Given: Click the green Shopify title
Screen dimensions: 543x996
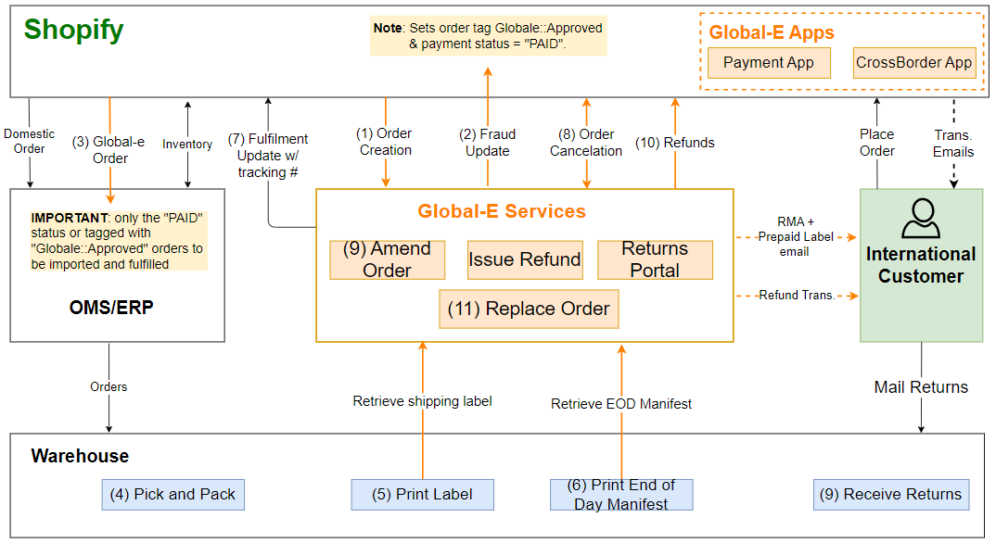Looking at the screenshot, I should pos(74,30).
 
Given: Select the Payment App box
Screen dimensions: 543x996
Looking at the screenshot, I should pos(768,63).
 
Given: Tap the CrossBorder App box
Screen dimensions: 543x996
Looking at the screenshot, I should pos(913,63).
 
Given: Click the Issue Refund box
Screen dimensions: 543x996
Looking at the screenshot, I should pos(525,260).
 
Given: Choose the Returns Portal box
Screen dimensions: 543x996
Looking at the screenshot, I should pos(655,260).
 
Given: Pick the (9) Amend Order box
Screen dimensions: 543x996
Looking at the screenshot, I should pos(387,260).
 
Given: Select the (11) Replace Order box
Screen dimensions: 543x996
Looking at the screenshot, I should pos(529,309).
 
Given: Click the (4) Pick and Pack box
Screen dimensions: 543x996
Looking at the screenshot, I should pos(172,494).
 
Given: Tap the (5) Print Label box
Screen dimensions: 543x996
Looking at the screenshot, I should pos(422,494).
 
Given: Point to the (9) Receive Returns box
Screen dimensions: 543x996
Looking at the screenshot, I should pos(890,494).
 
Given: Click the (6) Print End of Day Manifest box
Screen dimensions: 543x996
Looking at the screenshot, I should pos(621,494).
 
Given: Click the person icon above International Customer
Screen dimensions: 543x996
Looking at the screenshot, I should pos(920,219).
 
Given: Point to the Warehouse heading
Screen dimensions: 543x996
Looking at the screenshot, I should pos(80,456).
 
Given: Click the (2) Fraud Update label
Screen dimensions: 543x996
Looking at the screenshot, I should pos(488,142).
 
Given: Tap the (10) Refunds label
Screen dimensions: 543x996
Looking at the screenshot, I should pos(674,142).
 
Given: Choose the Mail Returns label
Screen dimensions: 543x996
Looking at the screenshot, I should pos(921,387).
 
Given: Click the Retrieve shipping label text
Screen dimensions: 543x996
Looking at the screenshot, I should pos(422,401).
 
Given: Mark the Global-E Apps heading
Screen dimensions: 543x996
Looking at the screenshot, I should pos(772,32).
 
